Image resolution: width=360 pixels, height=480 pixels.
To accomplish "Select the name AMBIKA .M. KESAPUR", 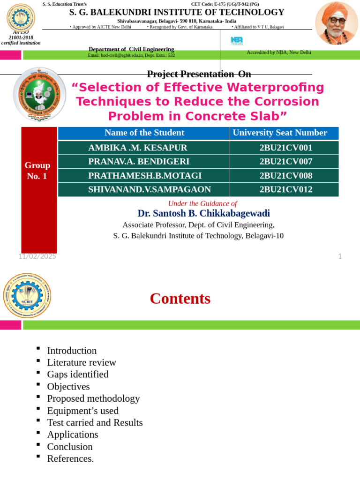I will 138,148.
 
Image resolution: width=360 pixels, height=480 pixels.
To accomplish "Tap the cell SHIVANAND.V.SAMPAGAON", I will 150,189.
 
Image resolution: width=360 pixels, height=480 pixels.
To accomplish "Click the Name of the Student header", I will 144,133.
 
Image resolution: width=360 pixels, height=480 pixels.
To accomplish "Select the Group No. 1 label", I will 37,171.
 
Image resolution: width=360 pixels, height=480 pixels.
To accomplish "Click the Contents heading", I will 180,299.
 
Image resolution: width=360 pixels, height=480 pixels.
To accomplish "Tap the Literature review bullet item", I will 82,362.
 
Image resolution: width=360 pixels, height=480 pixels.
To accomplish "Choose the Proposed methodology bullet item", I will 93,398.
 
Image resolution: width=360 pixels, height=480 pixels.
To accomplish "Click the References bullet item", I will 70,458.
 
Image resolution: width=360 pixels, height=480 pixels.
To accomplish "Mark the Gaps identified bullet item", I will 78,374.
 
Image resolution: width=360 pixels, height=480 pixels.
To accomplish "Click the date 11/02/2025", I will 37,256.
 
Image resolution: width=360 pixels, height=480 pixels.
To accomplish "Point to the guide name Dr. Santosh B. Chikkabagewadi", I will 203,213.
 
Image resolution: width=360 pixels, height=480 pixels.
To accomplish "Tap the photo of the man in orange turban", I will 336,23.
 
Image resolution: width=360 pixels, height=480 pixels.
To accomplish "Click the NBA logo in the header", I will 237,41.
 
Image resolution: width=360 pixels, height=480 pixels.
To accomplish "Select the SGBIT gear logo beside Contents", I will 27,296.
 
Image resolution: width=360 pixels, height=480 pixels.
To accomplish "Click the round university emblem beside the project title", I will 39,94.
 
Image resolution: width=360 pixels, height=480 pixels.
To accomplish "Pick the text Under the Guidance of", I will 202,203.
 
